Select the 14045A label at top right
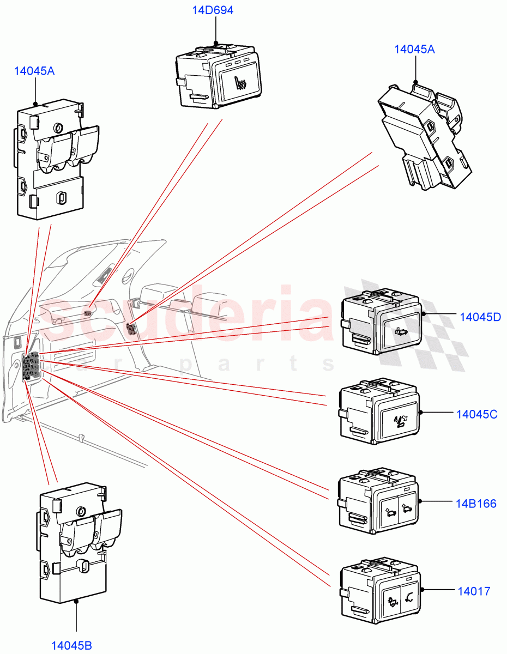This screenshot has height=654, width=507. point(414,49)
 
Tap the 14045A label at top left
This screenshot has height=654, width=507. point(34,71)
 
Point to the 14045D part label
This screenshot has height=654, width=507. point(480,317)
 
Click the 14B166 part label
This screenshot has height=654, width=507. point(476,504)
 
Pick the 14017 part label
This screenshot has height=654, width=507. point(474,591)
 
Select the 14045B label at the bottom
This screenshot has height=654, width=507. point(71,646)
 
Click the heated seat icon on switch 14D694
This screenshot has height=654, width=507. point(240,84)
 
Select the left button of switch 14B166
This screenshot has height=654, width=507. point(390,512)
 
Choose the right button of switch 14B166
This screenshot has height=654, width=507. point(407,510)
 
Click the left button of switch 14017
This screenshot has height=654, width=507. point(391,601)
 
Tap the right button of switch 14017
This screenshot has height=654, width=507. point(407,599)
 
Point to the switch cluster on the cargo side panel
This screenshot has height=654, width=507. point(30,366)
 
